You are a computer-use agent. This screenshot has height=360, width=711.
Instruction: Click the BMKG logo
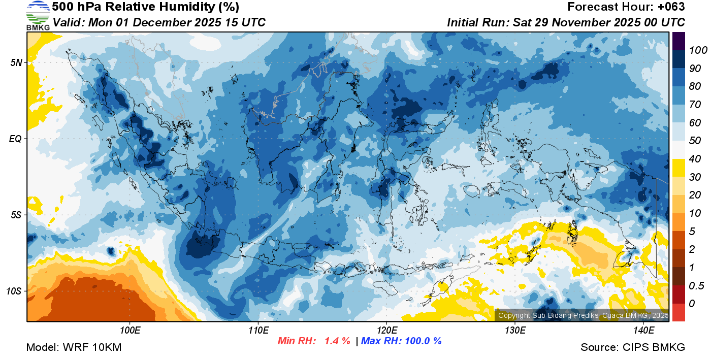(x=38, y=15)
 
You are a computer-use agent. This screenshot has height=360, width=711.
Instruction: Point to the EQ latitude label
(x=16, y=139)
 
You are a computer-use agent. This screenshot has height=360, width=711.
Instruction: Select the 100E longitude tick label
(x=130, y=331)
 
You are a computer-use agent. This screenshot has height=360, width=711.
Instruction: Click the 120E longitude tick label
(x=386, y=331)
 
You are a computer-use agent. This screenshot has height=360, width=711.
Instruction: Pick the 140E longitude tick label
(x=643, y=331)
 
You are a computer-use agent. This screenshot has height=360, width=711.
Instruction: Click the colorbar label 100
(x=695, y=50)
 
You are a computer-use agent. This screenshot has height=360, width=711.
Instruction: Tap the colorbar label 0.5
(x=695, y=286)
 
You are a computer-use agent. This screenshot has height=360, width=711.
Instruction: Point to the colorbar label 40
(x=695, y=159)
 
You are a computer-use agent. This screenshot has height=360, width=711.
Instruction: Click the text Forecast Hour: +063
(x=626, y=7)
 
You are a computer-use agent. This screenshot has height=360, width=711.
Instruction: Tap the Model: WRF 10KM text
(x=74, y=348)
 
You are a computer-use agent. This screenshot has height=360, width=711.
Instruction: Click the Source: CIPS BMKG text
(x=633, y=348)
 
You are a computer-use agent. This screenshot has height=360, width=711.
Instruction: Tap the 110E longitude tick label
(x=258, y=331)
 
